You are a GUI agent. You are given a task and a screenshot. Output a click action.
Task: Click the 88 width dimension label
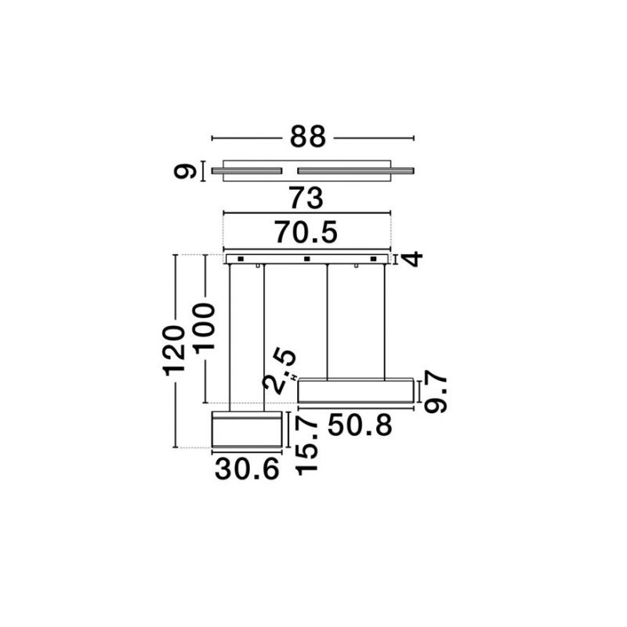coord(308,136)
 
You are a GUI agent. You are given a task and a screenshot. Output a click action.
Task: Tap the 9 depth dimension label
coord(185,172)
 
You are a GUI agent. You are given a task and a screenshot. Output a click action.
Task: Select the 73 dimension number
coord(306,198)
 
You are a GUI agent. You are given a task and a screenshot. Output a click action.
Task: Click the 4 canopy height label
coord(412,259)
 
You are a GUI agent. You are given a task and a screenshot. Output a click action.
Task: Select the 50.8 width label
coord(360,425)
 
